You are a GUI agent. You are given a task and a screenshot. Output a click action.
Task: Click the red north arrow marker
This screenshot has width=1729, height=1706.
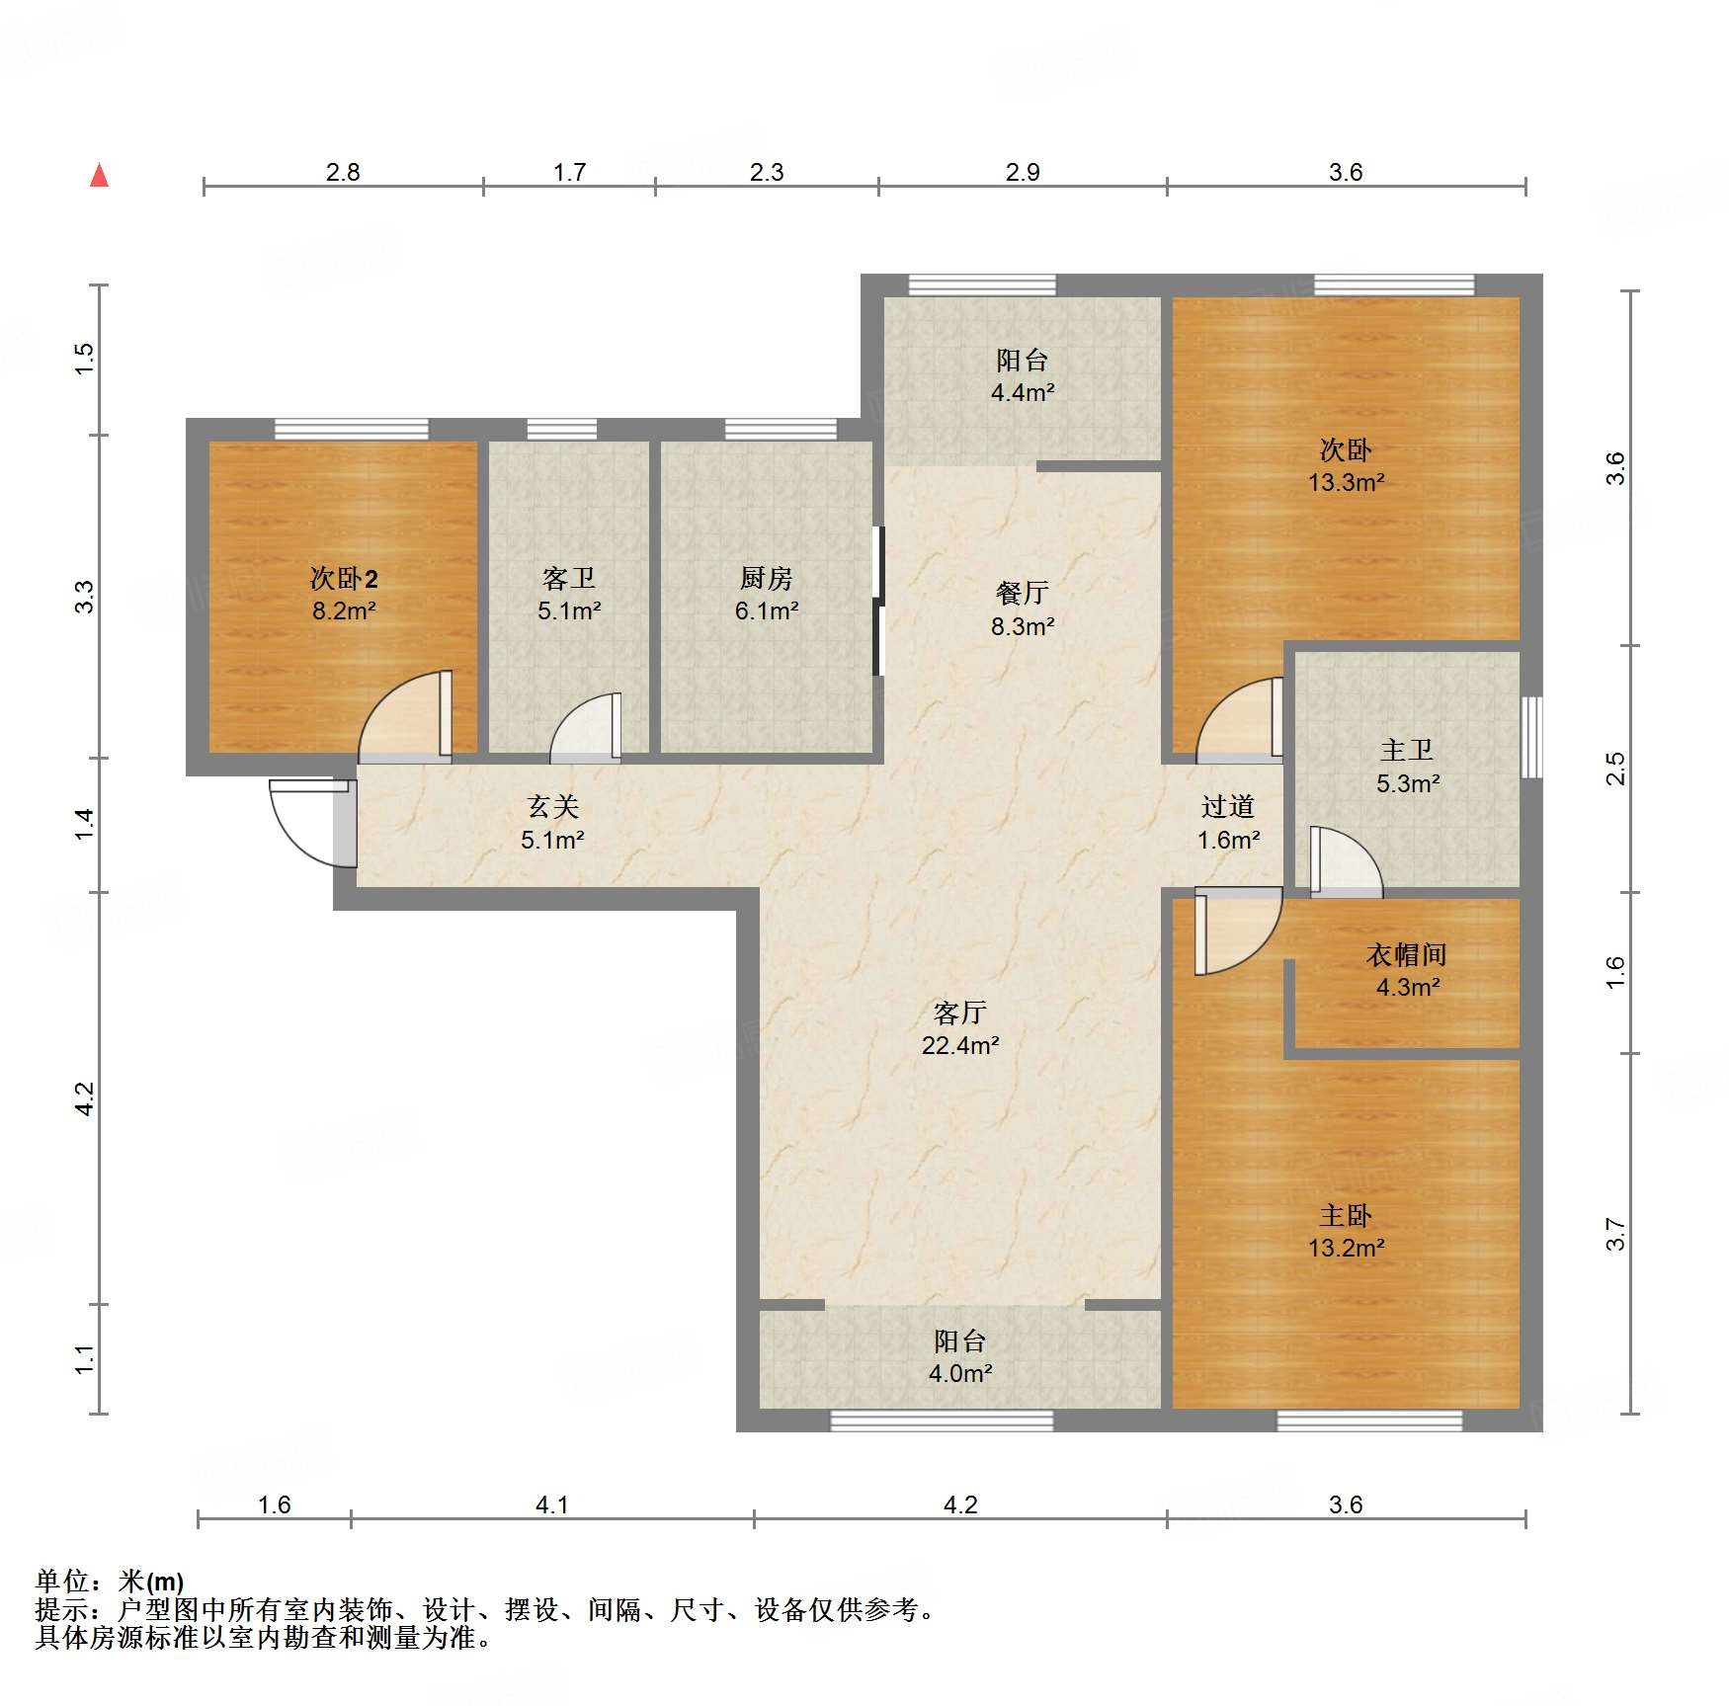99,175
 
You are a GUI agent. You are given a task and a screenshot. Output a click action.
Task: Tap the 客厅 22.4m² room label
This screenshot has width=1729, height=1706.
960,1028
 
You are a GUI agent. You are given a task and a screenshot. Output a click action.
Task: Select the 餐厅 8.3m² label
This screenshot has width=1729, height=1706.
1023,609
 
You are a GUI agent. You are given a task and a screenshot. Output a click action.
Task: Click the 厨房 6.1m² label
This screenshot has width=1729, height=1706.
767,594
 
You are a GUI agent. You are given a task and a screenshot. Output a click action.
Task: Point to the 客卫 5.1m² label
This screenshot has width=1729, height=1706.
569,594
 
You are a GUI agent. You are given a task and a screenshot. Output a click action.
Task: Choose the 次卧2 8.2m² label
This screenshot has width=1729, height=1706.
344,594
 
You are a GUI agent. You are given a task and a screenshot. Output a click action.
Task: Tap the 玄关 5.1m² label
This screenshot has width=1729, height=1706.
552,823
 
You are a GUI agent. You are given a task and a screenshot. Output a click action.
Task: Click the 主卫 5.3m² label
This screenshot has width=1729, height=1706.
1408,767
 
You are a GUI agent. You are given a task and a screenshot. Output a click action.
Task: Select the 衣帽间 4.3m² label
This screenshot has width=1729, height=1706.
1408,970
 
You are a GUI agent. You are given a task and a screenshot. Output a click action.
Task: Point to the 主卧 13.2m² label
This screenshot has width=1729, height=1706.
1347,1231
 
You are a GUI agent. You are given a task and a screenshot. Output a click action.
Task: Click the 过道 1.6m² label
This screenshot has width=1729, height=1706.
1228,823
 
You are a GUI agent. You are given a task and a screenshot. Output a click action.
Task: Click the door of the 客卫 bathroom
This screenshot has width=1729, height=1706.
586,727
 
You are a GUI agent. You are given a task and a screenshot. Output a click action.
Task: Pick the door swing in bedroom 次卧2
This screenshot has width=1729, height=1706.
405,717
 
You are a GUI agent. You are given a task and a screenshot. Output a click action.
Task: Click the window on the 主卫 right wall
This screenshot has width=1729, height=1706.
1531,737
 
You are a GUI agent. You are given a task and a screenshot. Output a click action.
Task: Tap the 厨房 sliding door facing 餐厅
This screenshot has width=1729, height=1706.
877,601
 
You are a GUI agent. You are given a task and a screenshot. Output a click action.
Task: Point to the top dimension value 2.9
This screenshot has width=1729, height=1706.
1023,172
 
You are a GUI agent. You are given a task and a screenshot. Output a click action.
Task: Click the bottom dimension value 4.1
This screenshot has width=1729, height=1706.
552,1504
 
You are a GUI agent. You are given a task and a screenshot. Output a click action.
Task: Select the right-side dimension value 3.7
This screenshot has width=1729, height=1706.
1614,1234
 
